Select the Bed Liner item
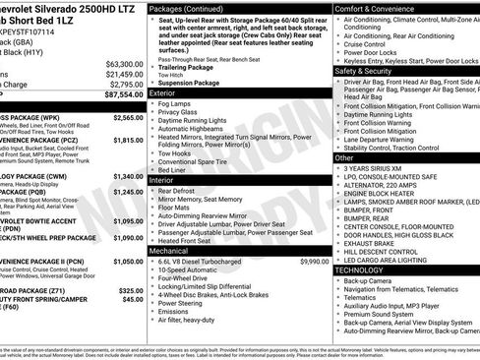(175, 169)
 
